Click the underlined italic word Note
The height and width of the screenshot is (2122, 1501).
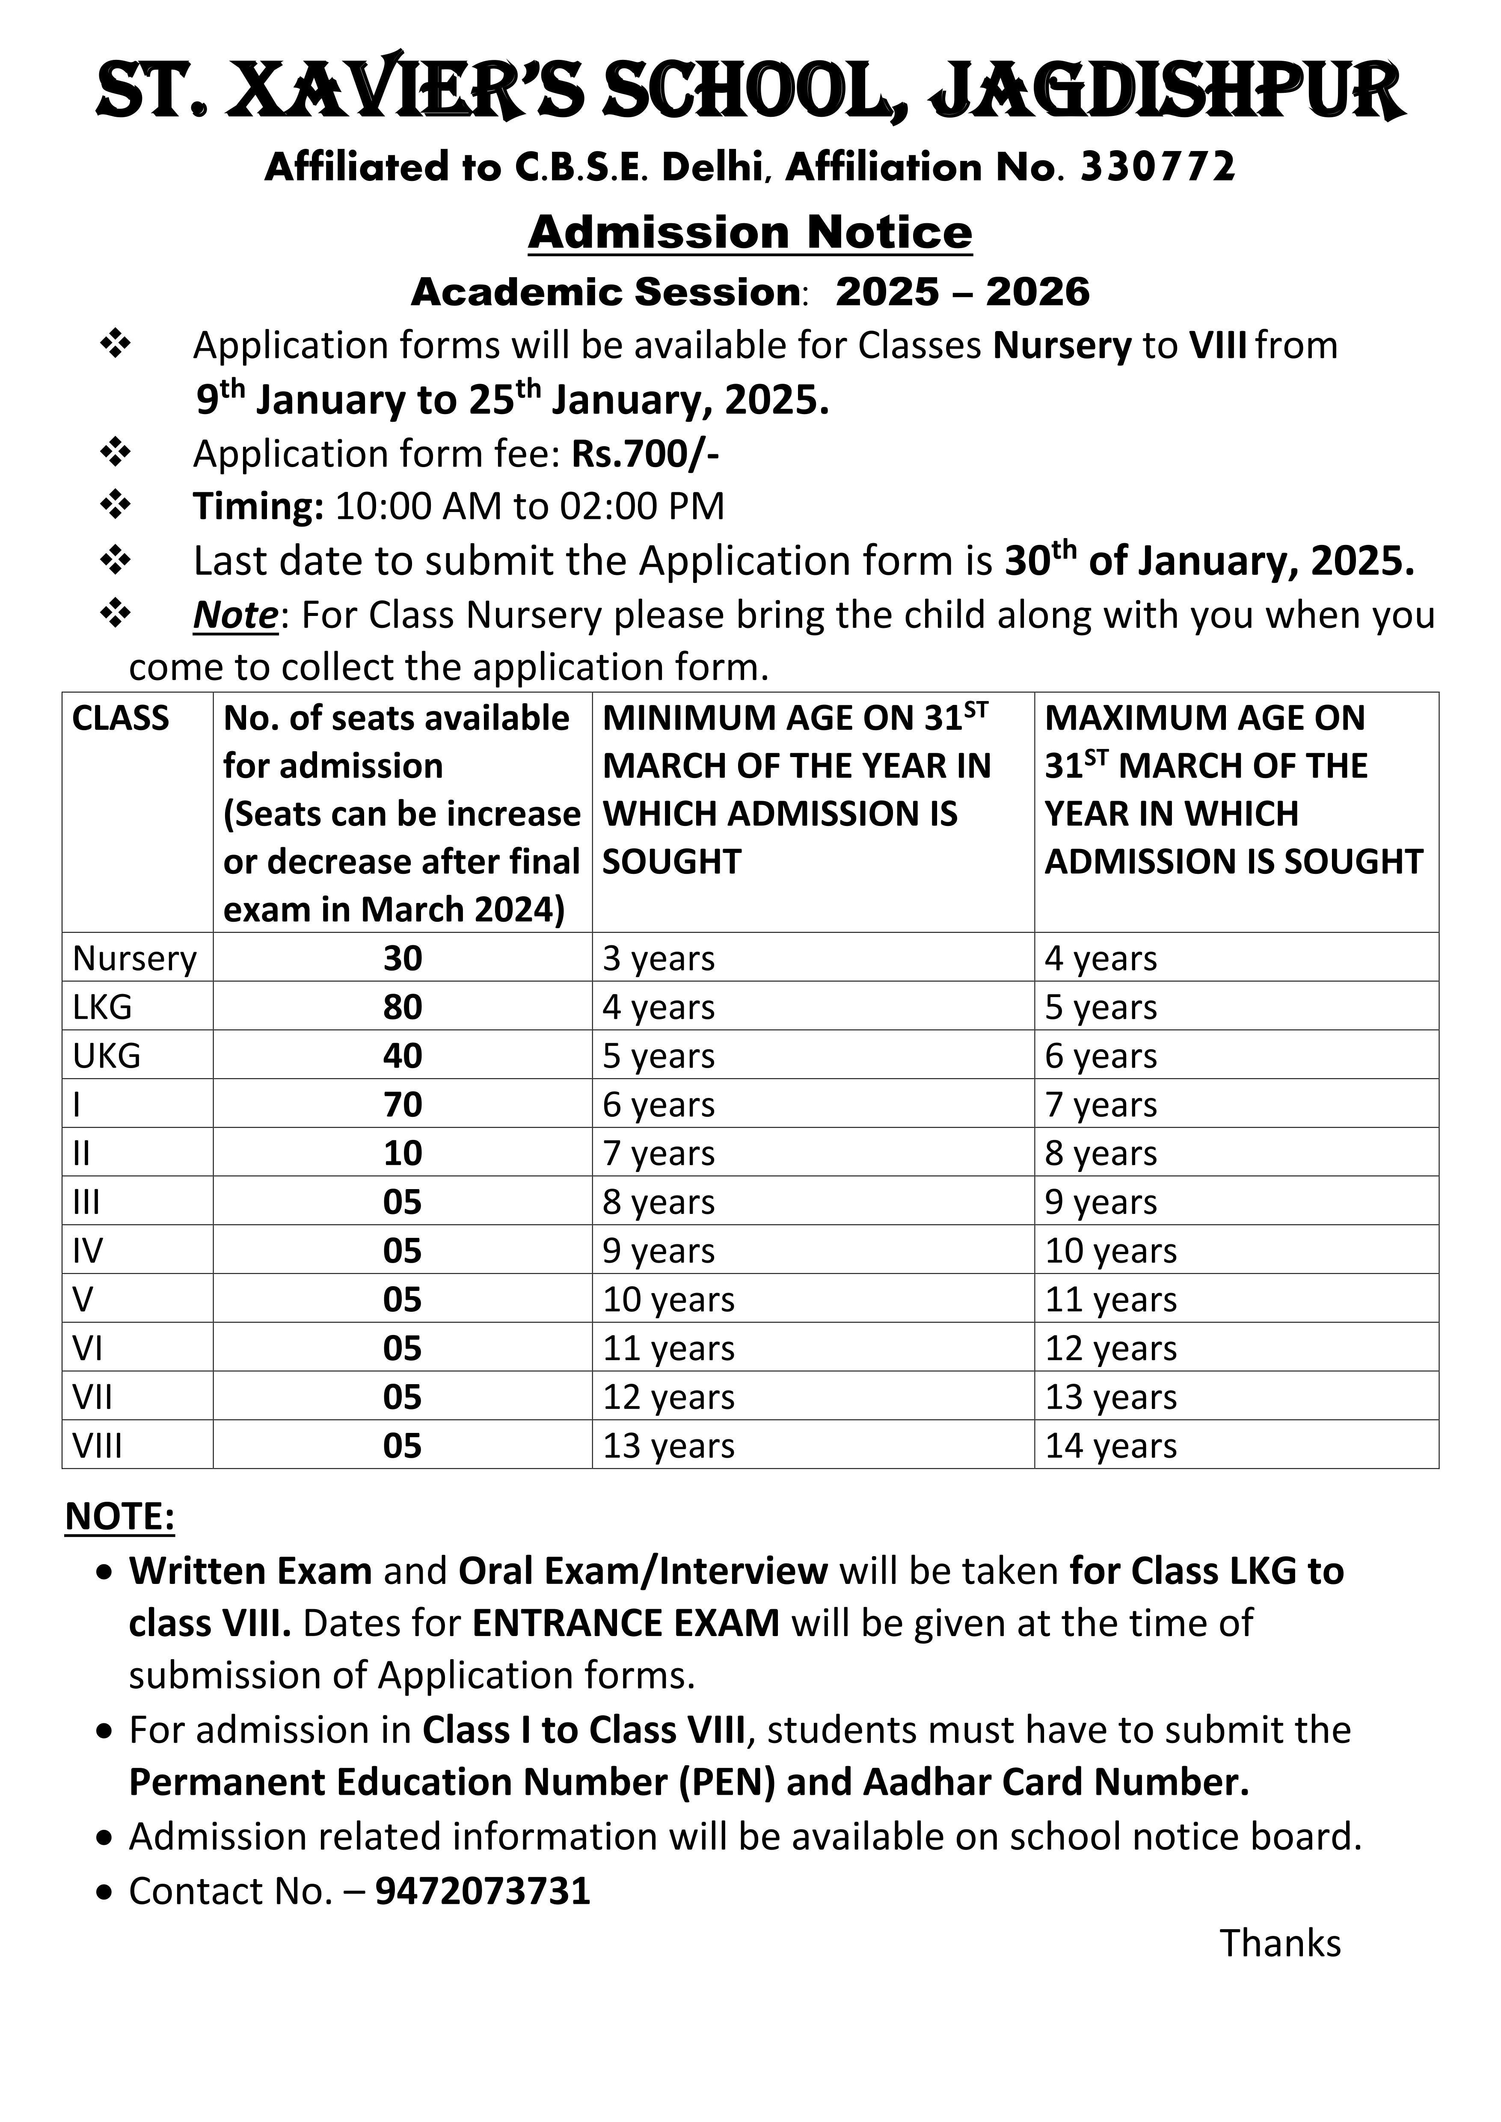tap(235, 615)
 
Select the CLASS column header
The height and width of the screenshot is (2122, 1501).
tap(120, 718)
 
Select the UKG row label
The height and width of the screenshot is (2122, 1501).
tap(106, 1056)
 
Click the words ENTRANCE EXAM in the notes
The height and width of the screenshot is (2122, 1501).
tap(626, 1623)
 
